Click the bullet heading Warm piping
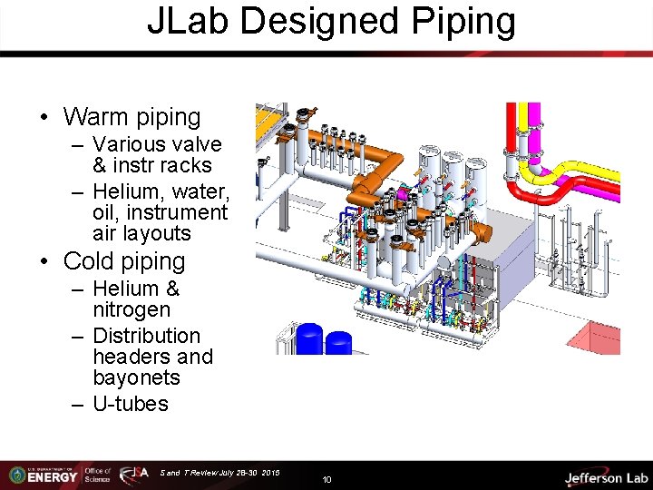click(132, 117)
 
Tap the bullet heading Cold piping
click(123, 261)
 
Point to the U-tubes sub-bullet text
click(131, 404)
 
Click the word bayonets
click(136, 378)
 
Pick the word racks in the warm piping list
click(186, 166)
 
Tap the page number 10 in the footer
click(326, 478)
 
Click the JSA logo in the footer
click(134, 475)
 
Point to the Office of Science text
click(97, 475)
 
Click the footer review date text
click(219, 473)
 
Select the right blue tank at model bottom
click(338, 344)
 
